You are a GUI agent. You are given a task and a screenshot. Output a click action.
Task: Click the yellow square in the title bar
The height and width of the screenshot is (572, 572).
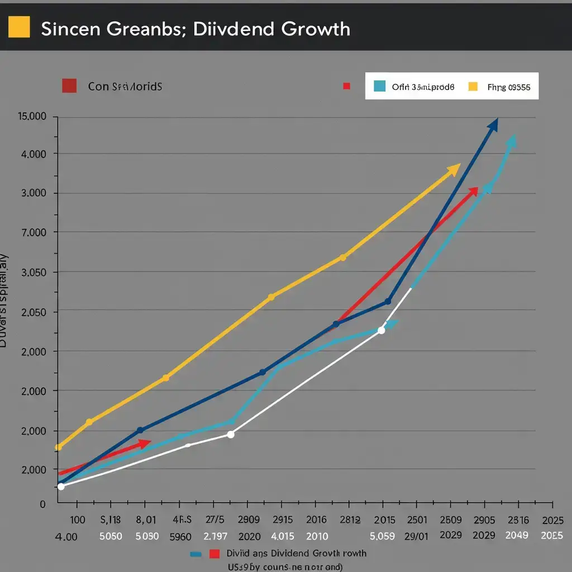coord(20,26)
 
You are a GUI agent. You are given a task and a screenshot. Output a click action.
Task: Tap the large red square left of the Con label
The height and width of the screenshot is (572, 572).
coord(69,86)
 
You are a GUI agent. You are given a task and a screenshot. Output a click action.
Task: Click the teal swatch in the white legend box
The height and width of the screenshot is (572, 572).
coord(379,86)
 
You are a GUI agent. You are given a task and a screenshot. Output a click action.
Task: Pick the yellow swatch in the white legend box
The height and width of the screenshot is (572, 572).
coord(473,86)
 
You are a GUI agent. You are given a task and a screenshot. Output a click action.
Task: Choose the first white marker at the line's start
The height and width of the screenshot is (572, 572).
coord(61,487)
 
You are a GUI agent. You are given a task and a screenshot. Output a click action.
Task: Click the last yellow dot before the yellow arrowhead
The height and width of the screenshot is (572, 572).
coord(343,258)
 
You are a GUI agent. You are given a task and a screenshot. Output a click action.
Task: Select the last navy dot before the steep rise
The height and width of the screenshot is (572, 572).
coord(388,302)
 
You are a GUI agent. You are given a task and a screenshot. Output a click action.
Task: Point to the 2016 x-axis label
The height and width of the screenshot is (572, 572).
coord(316,520)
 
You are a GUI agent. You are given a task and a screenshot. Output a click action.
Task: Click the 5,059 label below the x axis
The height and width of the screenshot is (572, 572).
coord(382,536)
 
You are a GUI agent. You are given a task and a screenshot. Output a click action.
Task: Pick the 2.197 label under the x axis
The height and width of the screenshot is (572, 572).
coord(215,536)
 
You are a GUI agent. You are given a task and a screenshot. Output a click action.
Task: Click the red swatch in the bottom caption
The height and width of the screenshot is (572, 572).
coord(214,554)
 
